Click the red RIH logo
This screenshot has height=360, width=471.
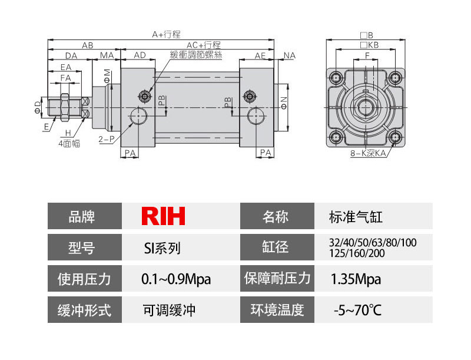[163, 216]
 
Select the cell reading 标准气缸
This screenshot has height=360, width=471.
[356, 217]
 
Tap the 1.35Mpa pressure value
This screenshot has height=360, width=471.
[356, 279]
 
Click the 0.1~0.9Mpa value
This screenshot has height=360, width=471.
[176, 279]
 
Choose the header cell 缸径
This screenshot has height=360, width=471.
[275, 247]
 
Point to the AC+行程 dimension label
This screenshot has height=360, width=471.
[203, 45]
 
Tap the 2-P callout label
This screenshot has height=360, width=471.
[107, 140]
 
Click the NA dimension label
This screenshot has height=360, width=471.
[289, 55]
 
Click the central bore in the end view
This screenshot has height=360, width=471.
[366, 108]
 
